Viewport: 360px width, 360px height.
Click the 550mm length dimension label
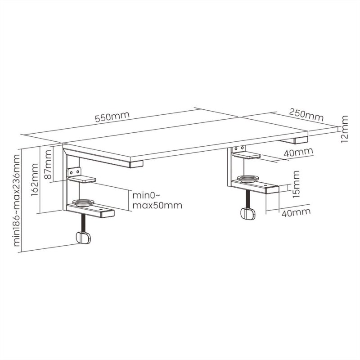click(112, 117)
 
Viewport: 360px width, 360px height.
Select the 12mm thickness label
click(344, 129)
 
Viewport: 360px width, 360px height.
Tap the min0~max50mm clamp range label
click(157, 200)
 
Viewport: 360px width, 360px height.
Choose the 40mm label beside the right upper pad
click(299, 153)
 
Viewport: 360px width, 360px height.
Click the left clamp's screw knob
click(82, 238)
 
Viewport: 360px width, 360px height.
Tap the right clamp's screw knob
click(247, 214)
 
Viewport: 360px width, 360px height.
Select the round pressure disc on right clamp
click(248, 179)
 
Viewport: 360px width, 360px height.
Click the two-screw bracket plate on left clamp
click(74, 172)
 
